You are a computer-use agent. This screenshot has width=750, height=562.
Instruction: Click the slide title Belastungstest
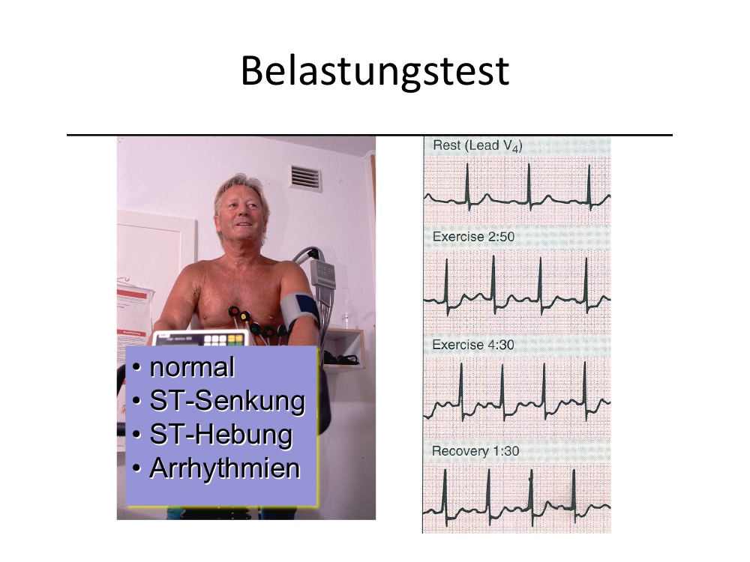[x=375, y=70]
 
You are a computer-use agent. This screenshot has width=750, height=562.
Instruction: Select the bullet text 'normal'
[x=192, y=367]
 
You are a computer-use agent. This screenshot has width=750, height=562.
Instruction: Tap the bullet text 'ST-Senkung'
[x=227, y=400]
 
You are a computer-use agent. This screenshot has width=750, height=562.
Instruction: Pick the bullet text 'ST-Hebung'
[x=221, y=435]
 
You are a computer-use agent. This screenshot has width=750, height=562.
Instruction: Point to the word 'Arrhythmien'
[x=225, y=468]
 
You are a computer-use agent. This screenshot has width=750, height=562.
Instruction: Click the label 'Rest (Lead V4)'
[x=477, y=146]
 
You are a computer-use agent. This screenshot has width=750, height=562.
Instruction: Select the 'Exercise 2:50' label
[x=473, y=237]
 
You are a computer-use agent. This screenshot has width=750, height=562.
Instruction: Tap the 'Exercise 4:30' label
[x=473, y=345]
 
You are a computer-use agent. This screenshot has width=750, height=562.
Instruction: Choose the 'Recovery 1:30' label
[x=475, y=451]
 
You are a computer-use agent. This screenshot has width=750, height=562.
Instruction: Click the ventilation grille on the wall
[x=306, y=178]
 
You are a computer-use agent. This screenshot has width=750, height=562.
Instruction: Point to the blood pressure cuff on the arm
[x=299, y=310]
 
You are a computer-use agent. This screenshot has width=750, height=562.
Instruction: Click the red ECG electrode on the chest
[x=234, y=312]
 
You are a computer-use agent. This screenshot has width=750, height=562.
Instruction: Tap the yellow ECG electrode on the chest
[x=245, y=316]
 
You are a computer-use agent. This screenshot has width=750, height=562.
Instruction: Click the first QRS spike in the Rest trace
[x=468, y=187]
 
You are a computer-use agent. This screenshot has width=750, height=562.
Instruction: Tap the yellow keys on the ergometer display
[x=235, y=339]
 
